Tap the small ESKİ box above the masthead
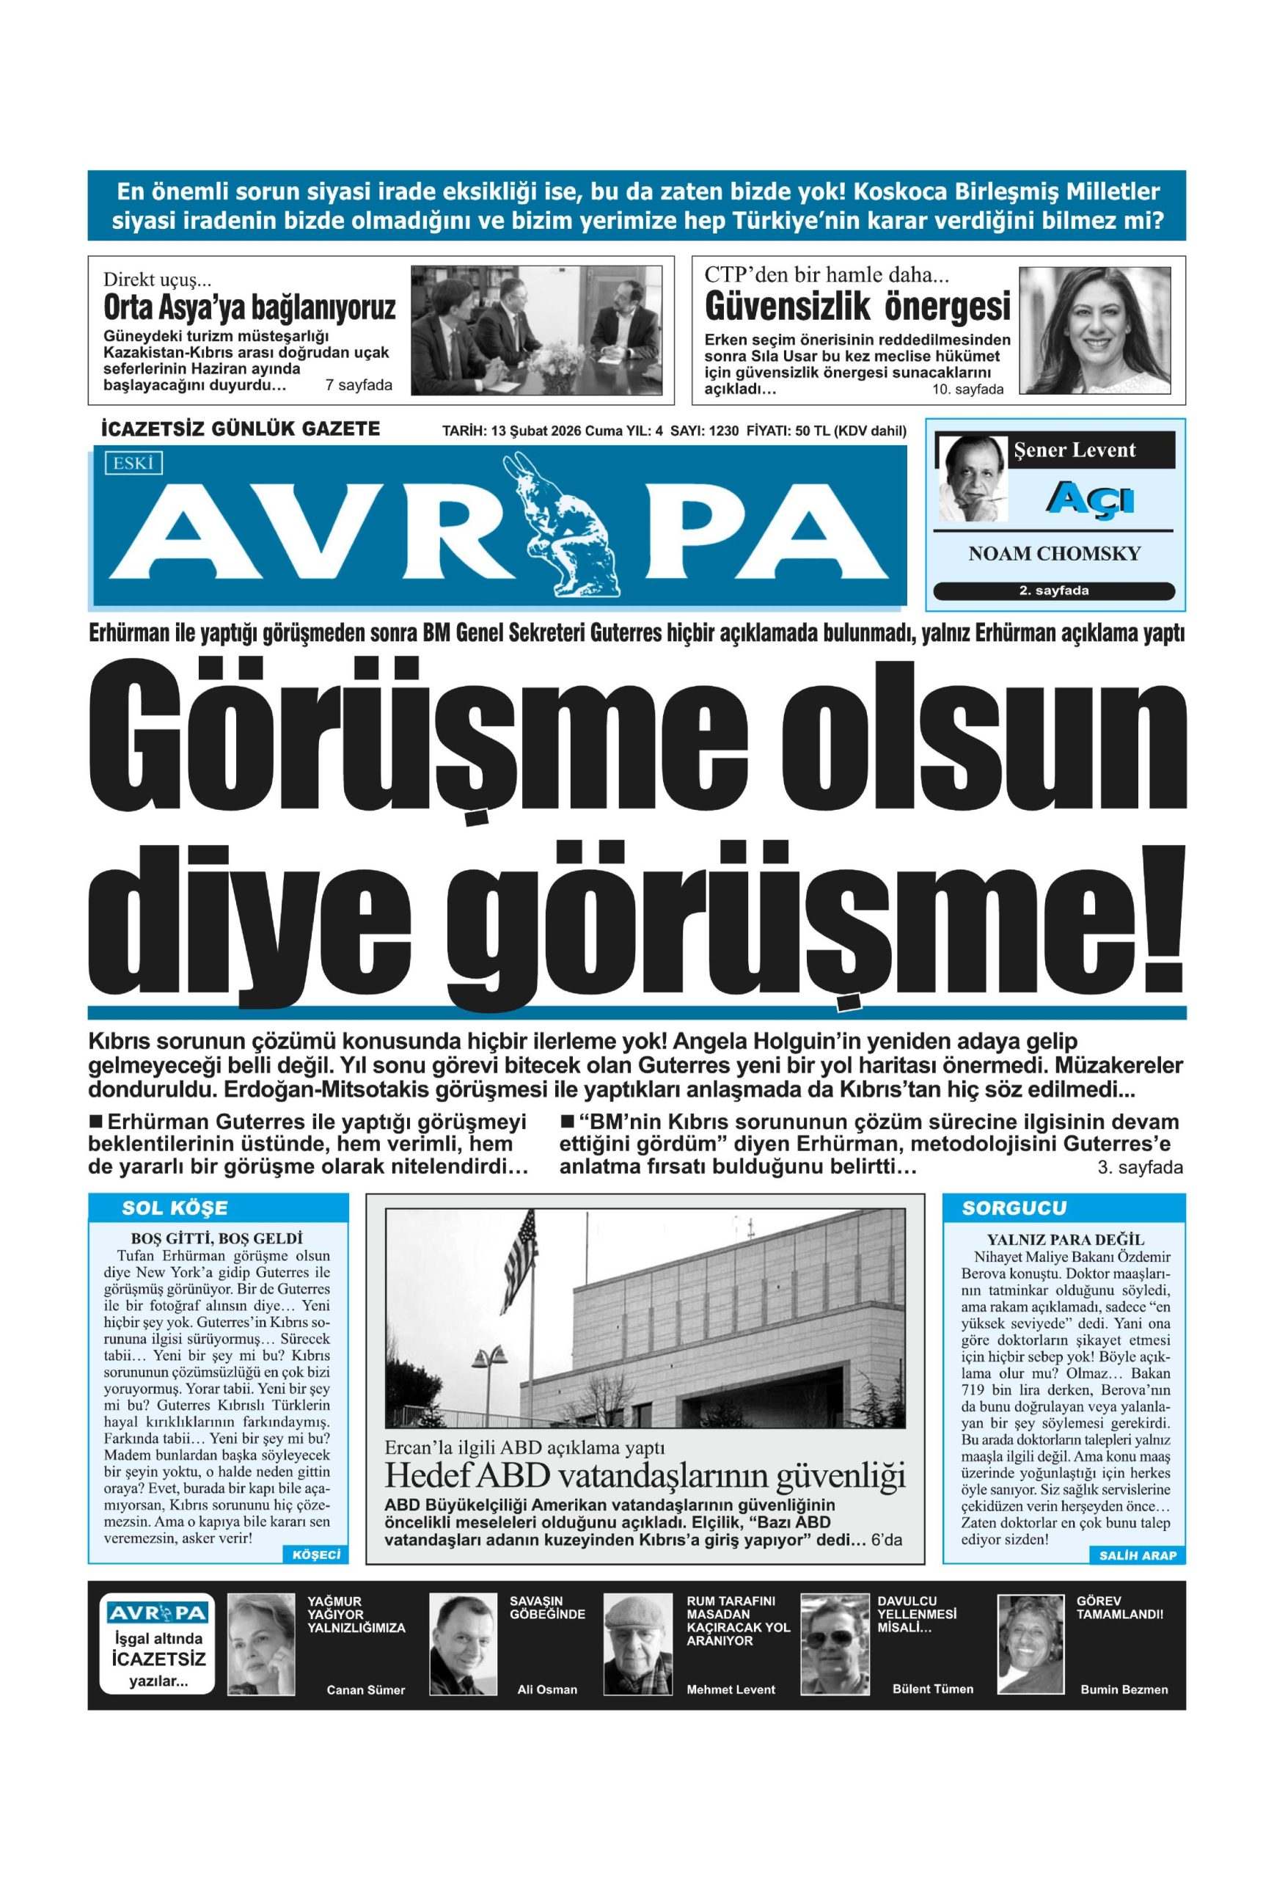pyautogui.click(x=133, y=463)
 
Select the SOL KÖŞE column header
pyautogui.click(x=175, y=1208)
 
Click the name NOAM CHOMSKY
pyautogui.click(x=1054, y=554)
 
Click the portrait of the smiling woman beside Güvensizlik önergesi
pyautogui.click(x=1094, y=329)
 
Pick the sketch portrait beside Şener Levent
pyautogui.click(x=971, y=478)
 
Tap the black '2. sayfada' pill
pyautogui.click(x=1053, y=591)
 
